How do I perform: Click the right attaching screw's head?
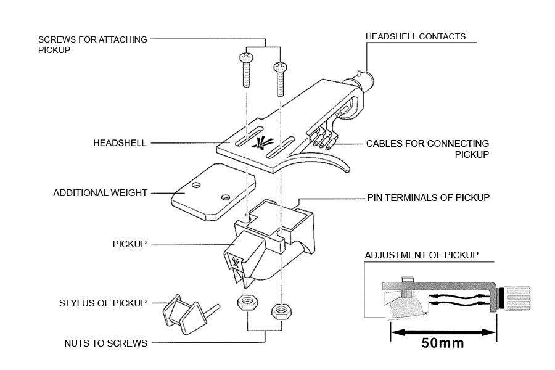point(280,66)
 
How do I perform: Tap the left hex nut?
point(247,302)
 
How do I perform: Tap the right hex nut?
point(281,311)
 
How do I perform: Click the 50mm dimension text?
point(443,343)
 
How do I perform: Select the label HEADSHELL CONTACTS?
point(416,36)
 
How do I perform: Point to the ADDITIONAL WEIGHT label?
point(100,193)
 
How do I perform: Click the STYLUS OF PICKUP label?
point(102,303)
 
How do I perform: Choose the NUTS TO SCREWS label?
point(105,343)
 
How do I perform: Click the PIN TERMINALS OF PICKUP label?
point(429,197)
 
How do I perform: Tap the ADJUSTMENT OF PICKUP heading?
point(422,255)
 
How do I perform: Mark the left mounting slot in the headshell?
point(249,136)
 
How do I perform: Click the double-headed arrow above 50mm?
point(443,332)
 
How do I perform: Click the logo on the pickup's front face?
point(236,262)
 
